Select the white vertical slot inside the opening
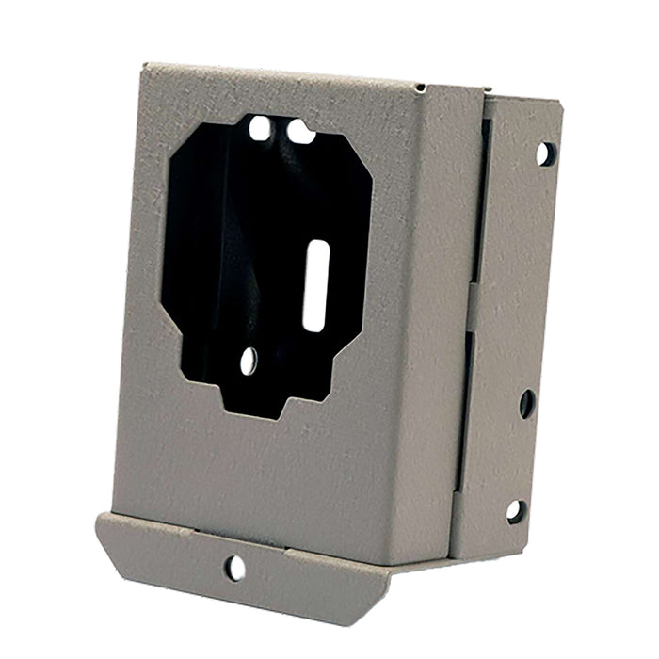click(x=316, y=284)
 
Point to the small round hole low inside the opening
click(x=249, y=360)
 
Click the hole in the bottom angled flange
click(x=234, y=567)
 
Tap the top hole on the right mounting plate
click(x=545, y=153)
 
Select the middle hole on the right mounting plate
click(x=526, y=404)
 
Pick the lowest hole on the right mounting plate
click(x=515, y=511)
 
